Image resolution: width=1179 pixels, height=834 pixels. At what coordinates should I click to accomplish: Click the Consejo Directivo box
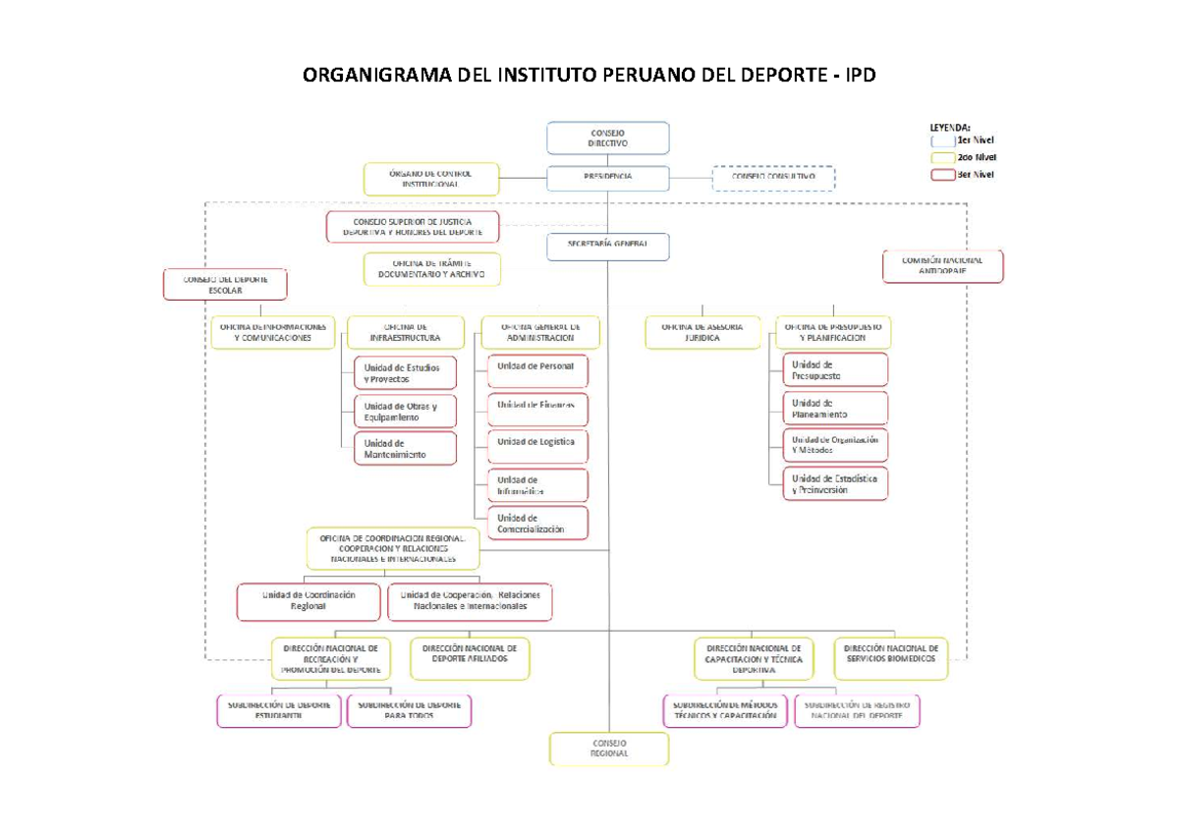[608, 138]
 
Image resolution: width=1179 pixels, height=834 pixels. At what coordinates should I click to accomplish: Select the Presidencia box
[608, 178]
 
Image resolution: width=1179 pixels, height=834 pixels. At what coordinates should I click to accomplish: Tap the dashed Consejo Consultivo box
[773, 178]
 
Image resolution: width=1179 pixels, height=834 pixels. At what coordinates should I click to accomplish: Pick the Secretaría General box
[608, 246]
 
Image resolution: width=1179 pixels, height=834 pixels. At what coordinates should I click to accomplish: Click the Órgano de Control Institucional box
[430, 179]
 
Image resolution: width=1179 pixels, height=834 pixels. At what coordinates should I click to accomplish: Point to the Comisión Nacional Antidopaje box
[943, 266]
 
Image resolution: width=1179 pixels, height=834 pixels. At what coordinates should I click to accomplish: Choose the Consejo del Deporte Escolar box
[225, 284]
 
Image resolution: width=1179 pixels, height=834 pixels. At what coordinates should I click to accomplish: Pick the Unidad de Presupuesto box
[834, 369]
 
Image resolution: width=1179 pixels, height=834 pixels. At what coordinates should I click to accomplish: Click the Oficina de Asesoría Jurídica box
[702, 332]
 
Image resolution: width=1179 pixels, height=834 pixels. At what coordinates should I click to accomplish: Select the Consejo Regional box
[608, 749]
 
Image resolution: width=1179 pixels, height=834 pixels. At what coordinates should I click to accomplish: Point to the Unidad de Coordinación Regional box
[309, 601]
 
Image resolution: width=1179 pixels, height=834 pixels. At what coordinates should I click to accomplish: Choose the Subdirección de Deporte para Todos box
[409, 711]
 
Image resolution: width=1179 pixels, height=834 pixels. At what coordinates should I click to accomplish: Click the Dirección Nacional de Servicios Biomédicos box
[893, 659]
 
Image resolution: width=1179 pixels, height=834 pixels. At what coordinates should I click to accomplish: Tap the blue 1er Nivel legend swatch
[942, 140]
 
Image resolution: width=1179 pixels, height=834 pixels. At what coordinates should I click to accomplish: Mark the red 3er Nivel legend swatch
[942, 175]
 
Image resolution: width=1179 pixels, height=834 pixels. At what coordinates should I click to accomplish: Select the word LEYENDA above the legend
[950, 127]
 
